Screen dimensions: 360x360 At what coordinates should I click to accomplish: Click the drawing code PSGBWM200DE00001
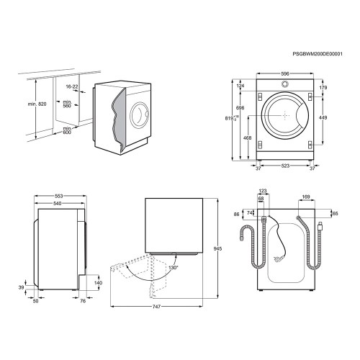(318, 54)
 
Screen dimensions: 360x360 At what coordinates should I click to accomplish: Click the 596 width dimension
(285, 74)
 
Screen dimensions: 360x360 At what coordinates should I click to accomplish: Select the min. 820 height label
(37, 104)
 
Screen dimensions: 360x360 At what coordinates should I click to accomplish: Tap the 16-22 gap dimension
(72, 86)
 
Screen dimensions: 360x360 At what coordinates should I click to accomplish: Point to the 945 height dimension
(217, 249)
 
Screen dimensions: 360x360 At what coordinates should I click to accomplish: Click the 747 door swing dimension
(156, 307)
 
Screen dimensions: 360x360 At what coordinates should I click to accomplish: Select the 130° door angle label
(174, 267)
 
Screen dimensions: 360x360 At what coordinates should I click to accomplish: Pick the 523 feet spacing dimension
(285, 166)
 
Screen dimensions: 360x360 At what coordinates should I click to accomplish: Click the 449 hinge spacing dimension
(323, 117)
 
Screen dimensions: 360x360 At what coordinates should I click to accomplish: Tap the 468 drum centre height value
(247, 138)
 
